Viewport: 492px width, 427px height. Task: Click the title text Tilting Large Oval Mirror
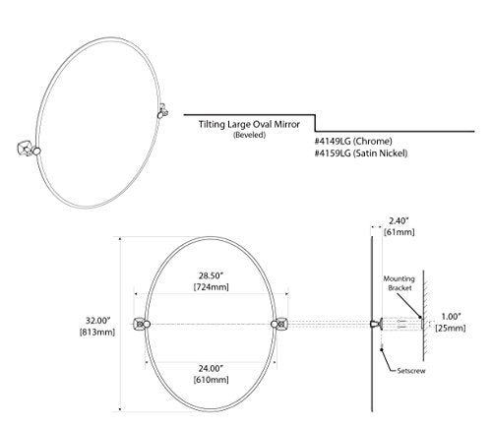click(x=249, y=125)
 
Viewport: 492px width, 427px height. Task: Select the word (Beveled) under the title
click(x=249, y=135)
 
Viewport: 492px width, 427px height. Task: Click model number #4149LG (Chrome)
click(x=353, y=142)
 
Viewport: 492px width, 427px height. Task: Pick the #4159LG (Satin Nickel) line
click(x=361, y=153)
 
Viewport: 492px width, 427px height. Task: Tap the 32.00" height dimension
click(x=97, y=320)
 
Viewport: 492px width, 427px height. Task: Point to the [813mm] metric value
click(x=97, y=333)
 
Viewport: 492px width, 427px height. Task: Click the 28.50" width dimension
click(x=211, y=274)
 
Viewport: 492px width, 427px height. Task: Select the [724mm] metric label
click(x=211, y=287)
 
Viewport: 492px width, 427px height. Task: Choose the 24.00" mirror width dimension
click(x=211, y=368)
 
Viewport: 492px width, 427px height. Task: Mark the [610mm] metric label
click(x=211, y=380)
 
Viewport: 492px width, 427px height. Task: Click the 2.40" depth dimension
click(x=399, y=220)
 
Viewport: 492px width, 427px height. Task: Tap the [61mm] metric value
click(x=399, y=232)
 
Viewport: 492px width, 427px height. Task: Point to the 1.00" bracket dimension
click(x=451, y=317)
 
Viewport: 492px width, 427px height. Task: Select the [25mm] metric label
click(x=451, y=329)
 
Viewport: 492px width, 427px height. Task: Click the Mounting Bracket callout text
click(x=400, y=283)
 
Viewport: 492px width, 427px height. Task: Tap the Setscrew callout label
click(x=411, y=371)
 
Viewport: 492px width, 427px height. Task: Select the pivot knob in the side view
click(x=376, y=324)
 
